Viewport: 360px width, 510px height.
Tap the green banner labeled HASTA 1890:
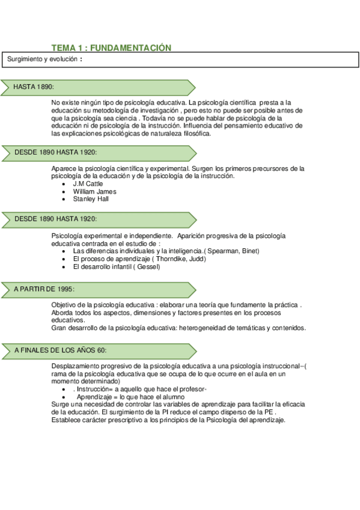96,87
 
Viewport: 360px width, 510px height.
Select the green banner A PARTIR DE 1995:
96,289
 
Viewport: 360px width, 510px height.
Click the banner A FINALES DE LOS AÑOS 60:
96,350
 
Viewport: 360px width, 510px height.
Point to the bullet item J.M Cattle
88,183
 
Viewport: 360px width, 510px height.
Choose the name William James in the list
94,191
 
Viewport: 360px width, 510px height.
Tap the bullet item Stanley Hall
91,198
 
